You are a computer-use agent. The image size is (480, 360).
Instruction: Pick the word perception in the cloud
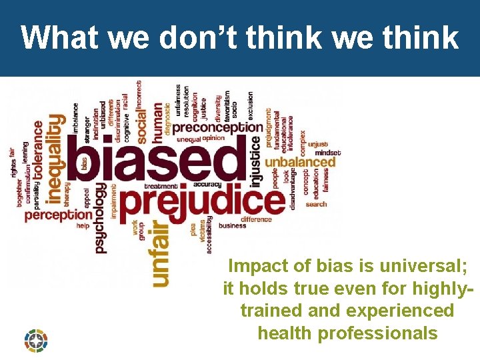tap(58, 215)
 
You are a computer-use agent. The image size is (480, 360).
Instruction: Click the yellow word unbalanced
tap(300, 161)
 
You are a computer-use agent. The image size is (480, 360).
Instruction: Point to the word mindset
tap(328, 153)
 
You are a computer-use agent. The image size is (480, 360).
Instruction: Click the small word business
tap(233, 226)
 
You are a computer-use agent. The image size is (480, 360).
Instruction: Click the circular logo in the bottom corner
tap(36, 340)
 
